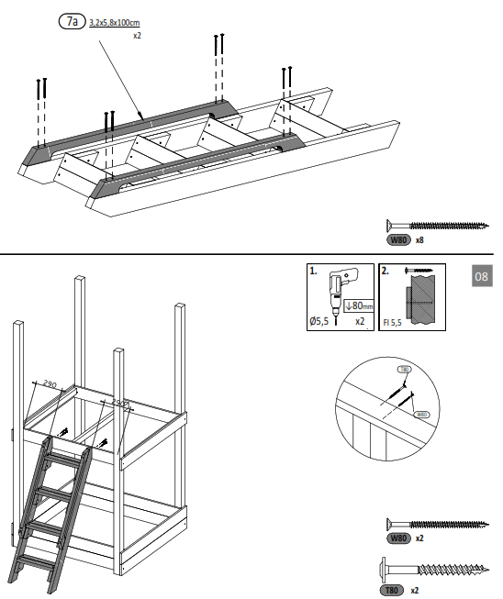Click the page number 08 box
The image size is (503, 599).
click(x=483, y=276)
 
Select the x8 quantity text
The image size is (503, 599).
click(x=419, y=239)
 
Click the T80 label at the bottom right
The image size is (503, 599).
click(x=392, y=590)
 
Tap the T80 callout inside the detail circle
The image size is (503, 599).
click(x=405, y=369)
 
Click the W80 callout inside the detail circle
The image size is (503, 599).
click(x=423, y=414)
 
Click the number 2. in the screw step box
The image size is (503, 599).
click(x=386, y=272)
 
